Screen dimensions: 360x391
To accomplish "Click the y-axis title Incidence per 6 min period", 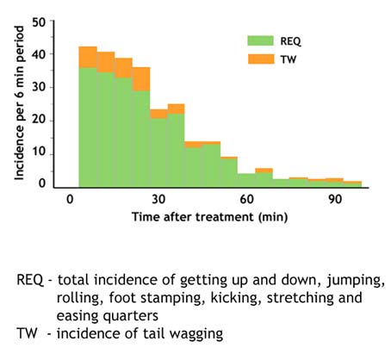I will click(20, 101).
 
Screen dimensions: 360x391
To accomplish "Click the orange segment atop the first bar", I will click(88, 57).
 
